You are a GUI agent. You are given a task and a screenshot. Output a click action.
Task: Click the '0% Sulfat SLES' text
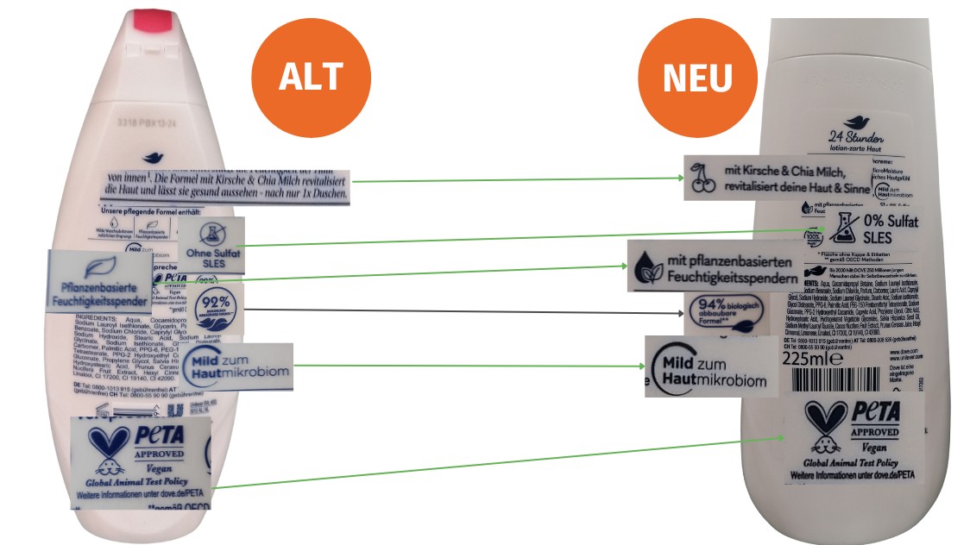tap(890, 228)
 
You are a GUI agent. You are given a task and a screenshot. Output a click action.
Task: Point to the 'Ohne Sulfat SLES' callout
tap(211, 246)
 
